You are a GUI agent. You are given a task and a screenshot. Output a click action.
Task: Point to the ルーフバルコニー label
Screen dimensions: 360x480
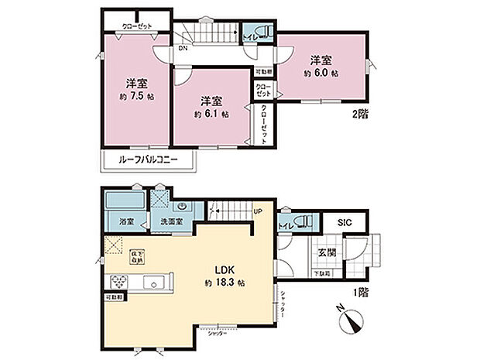pos(149,160)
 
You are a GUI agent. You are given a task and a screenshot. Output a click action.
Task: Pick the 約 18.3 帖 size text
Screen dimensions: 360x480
pos(225,284)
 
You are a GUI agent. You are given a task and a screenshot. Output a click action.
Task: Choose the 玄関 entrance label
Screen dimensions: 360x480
pos(325,252)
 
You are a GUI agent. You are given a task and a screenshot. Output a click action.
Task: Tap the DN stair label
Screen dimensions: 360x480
pos(182,49)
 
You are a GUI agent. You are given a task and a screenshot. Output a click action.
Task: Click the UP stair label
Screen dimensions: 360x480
pos(258,211)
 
